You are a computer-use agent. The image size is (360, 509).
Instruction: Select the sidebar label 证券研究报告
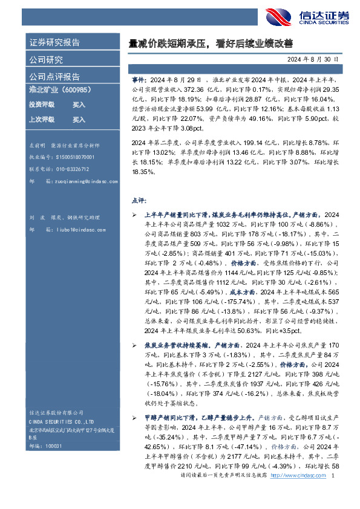click(54, 43)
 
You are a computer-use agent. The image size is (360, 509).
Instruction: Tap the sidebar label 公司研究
click(46, 60)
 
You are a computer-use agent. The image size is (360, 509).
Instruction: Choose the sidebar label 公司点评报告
click(54, 77)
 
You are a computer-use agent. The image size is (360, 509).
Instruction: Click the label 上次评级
click(42, 120)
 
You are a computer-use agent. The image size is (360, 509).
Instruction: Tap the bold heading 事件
click(138, 79)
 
